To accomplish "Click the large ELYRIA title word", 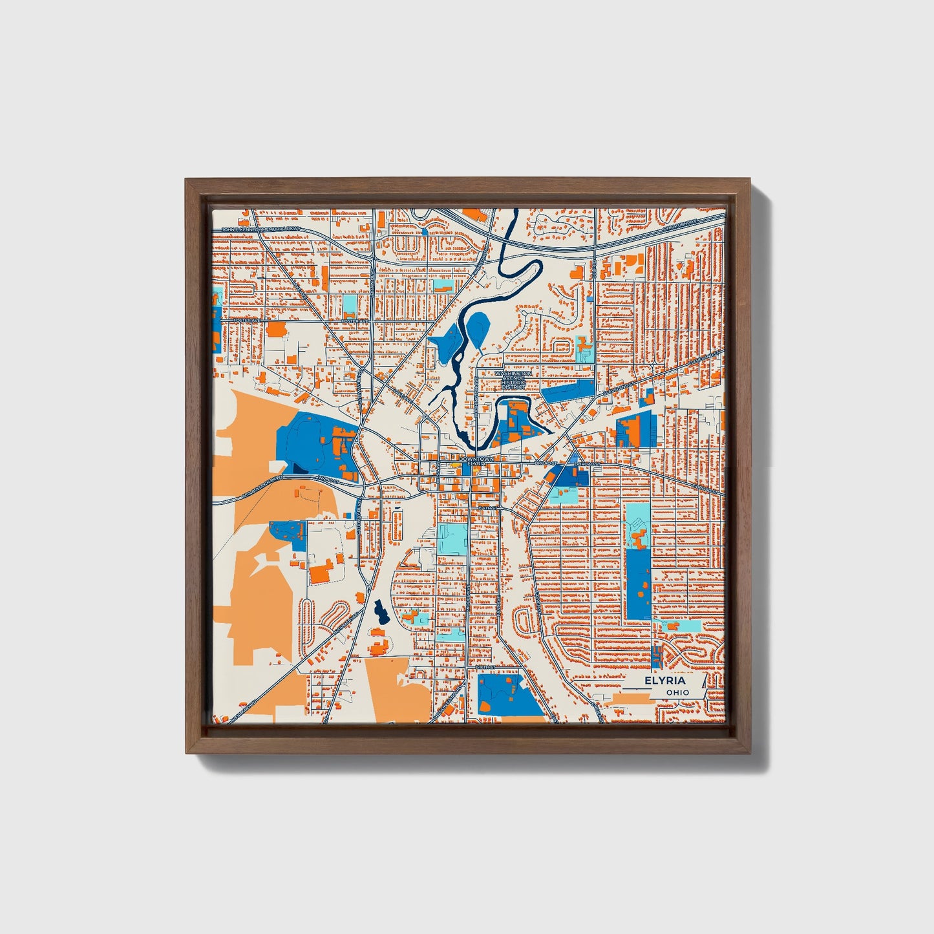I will (x=664, y=681).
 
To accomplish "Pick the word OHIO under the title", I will (x=678, y=692).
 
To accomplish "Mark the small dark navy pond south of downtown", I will (x=379, y=611).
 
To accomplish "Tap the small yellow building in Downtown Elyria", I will (x=461, y=463).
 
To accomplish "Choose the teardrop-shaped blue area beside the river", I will (x=478, y=328).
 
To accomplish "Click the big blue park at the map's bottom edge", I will (x=509, y=694).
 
